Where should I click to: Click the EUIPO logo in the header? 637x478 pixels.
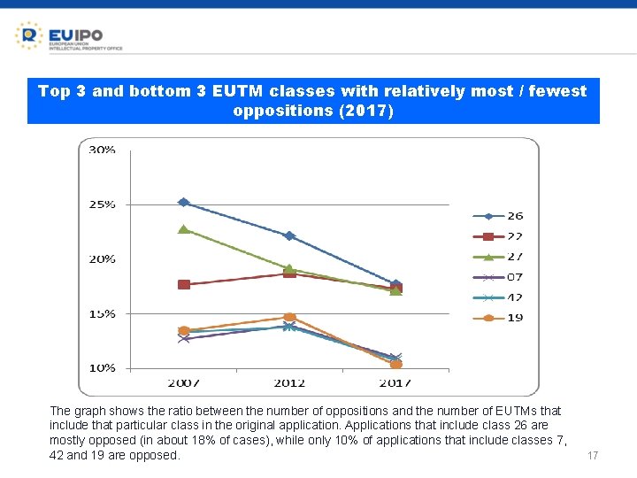point(68,36)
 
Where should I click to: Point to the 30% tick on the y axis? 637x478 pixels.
point(101,150)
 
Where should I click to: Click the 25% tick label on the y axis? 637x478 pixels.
point(101,204)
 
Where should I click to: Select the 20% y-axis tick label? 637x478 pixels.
point(101,259)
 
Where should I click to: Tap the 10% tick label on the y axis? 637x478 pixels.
point(101,367)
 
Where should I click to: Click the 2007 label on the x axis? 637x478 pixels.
point(183,383)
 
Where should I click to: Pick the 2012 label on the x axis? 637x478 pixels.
point(289,383)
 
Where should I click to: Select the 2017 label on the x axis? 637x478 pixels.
point(395,383)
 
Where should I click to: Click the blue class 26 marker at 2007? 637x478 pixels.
point(183,202)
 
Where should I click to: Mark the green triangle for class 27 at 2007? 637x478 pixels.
point(183,229)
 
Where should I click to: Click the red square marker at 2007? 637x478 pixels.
point(184,284)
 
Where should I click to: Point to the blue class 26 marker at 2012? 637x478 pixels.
point(289,236)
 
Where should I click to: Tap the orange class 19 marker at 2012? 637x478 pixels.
point(289,317)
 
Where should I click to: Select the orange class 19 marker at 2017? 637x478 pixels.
point(395,364)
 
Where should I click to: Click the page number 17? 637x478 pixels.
point(593,456)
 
